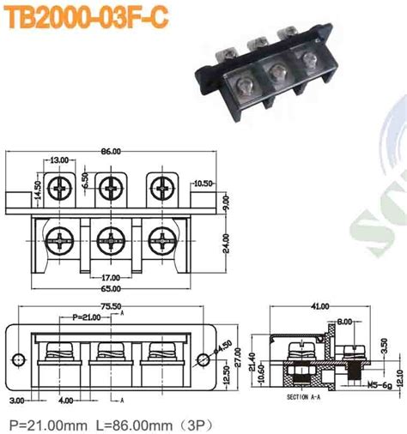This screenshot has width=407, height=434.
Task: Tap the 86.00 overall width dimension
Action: pyautogui.click(x=111, y=151)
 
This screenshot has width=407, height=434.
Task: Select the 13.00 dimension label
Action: pyautogui.click(x=61, y=160)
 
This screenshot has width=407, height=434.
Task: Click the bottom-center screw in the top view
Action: pyautogui.click(x=110, y=238)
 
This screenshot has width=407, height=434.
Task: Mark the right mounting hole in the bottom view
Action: pyautogui.click(x=203, y=359)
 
